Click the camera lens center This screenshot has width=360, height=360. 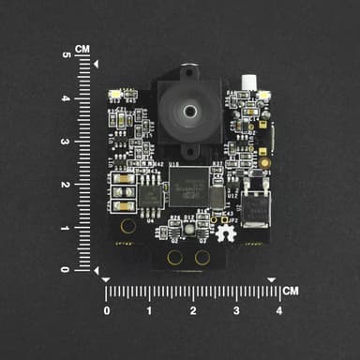pyautogui.click(x=190, y=111)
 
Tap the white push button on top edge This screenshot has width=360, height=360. pyautogui.click(x=249, y=83)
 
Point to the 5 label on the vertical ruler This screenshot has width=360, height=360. pyautogui.click(x=66, y=55)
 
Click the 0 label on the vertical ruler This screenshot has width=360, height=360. pyautogui.click(x=66, y=270)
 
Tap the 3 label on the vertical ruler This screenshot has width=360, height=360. pyautogui.click(x=66, y=142)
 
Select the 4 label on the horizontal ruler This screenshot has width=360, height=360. pyautogui.click(x=278, y=310)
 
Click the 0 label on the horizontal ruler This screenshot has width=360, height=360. pyautogui.click(x=106, y=310)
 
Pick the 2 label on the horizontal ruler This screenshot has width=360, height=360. pyautogui.click(x=192, y=310)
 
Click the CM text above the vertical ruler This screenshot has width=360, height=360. pyautogui.click(x=82, y=49)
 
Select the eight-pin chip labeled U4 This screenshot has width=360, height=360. pyautogui.click(x=151, y=194)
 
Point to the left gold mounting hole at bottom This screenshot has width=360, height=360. pyautogui.click(x=173, y=257)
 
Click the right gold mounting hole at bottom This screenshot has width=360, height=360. pyautogui.click(x=201, y=257)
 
